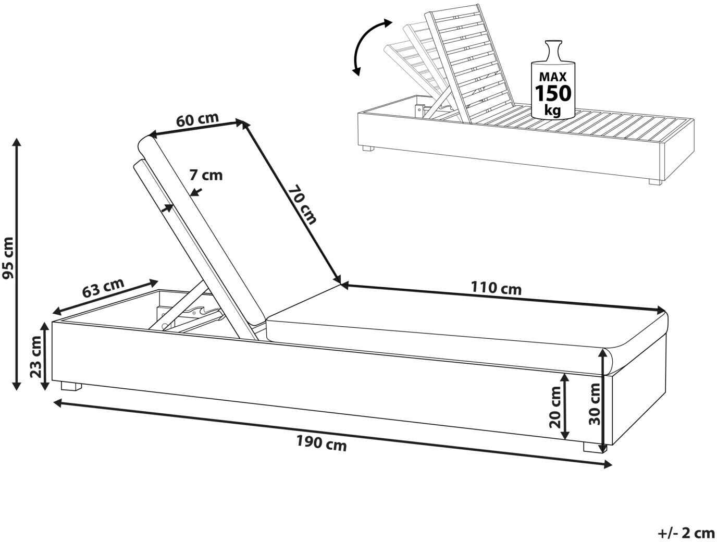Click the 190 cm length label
[322, 443]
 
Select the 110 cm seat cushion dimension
[496, 288]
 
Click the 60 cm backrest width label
[197, 119]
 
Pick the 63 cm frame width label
[103, 288]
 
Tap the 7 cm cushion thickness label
[205, 175]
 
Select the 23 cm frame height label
[36, 356]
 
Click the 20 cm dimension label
[556, 406]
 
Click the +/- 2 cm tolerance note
[686, 533]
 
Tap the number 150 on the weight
[553, 94]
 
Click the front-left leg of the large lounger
[71, 387]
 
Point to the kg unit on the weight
[553, 110]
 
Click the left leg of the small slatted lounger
[368, 149]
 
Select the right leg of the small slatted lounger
[654, 182]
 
